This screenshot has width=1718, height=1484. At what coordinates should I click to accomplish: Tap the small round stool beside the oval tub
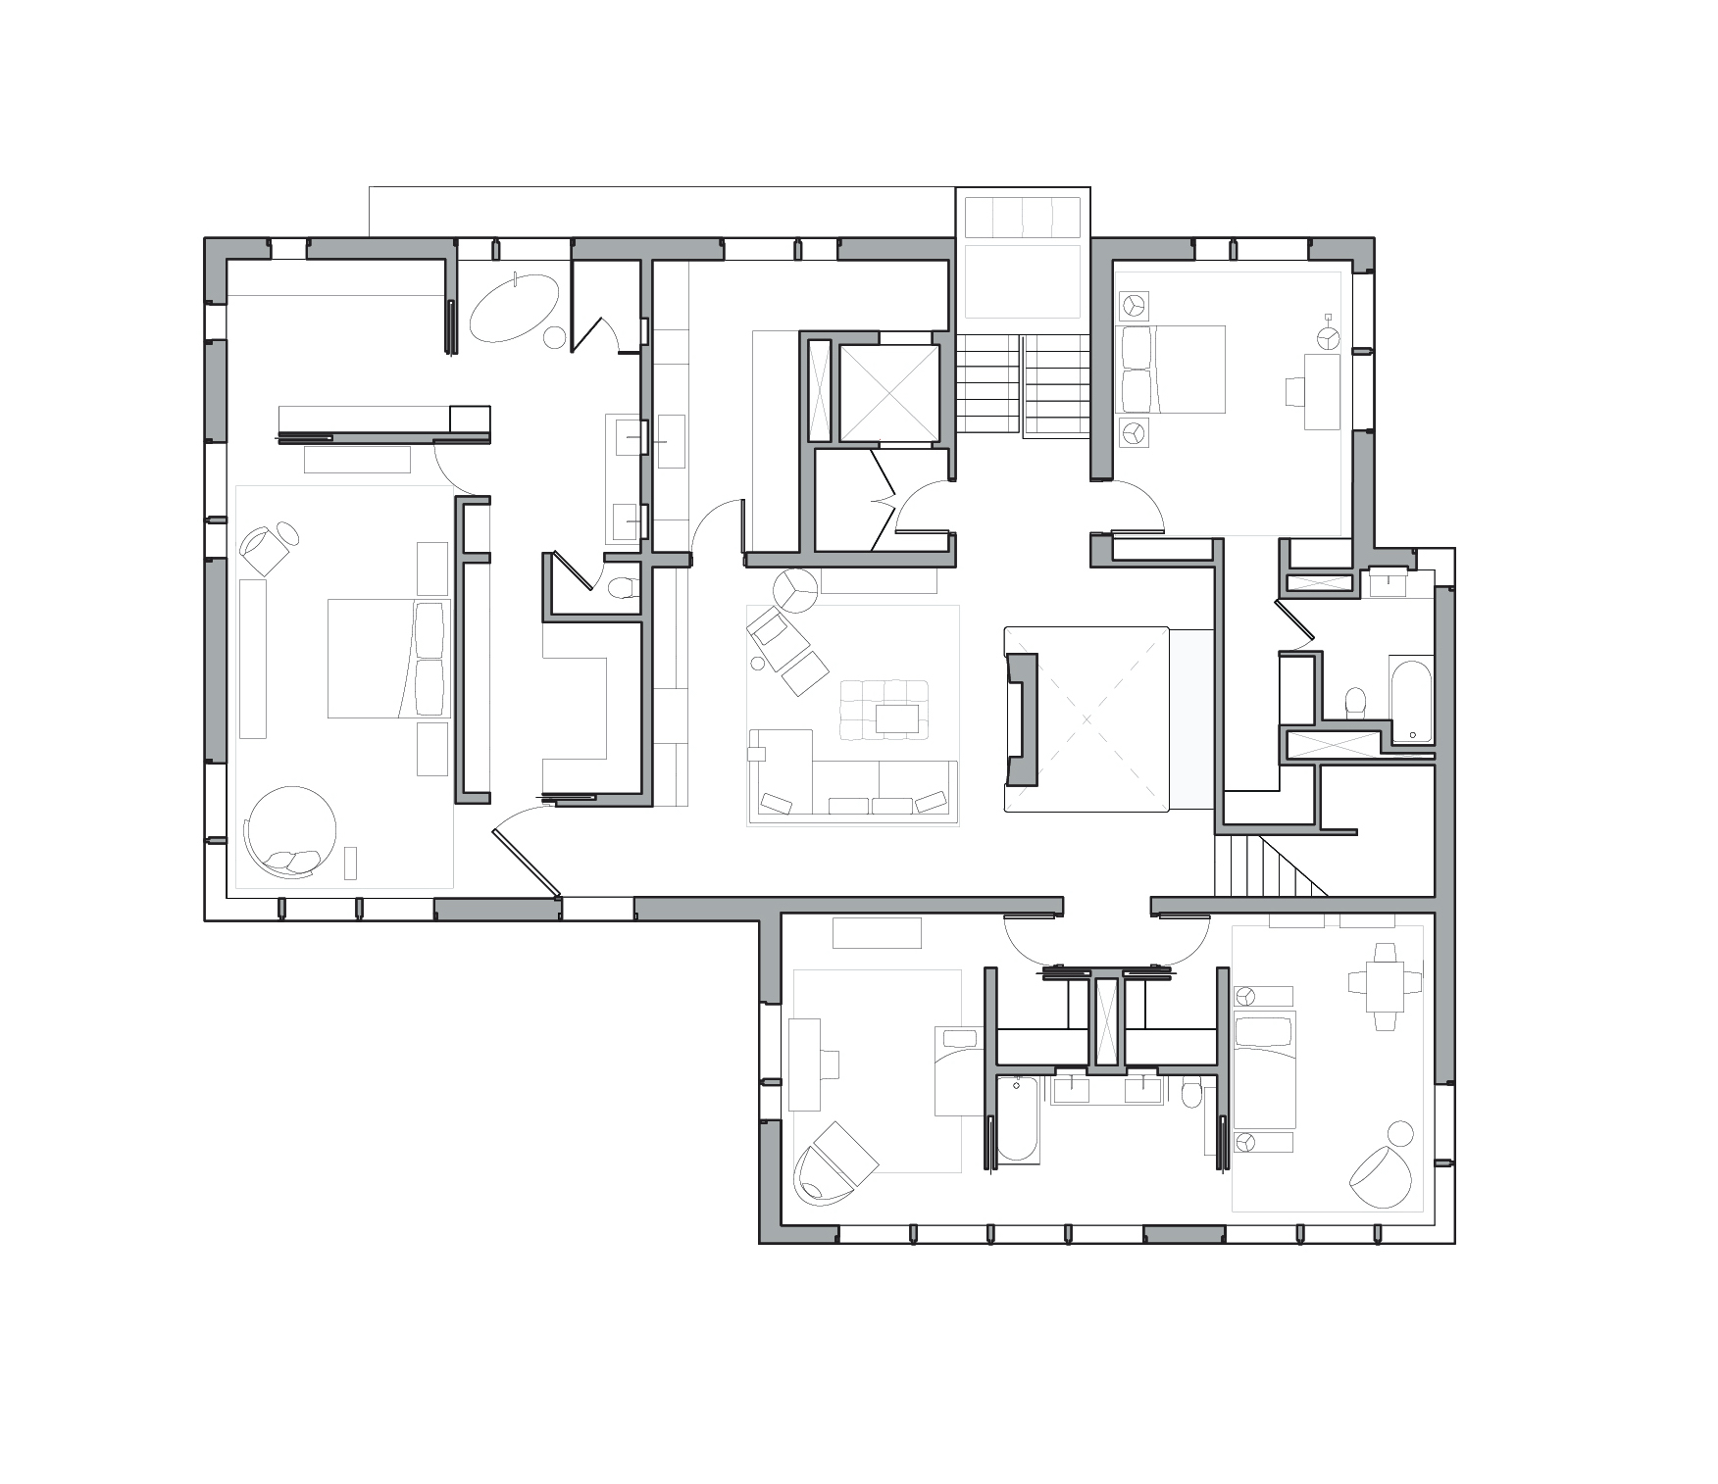tap(554, 338)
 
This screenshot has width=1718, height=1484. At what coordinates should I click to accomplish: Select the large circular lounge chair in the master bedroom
tap(291, 829)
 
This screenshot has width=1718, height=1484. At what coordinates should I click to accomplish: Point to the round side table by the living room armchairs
tap(794, 590)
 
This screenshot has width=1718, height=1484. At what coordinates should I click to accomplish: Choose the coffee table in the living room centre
tap(897, 718)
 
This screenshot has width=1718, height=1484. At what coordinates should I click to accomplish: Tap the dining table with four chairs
tap(1385, 986)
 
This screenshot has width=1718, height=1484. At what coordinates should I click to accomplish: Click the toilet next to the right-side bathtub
tap(1356, 700)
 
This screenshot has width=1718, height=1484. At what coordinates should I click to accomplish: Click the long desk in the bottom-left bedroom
tap(805, 1064)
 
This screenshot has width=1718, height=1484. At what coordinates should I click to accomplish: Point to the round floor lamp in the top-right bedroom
tap(1328, 336)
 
